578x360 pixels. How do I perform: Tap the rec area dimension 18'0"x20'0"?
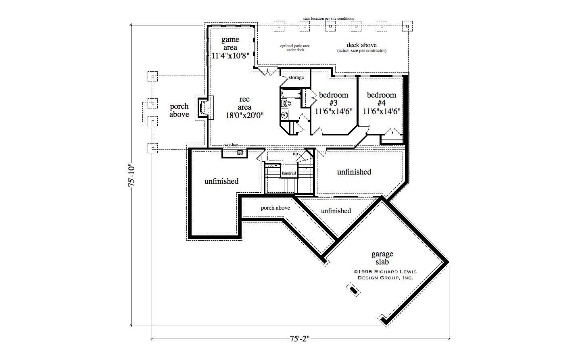click(x=244, y=115)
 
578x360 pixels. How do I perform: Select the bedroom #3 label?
click(x=334, y=99)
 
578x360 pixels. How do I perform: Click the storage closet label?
click(x=296, y=77)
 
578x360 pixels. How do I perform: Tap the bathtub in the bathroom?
click(x=290, y=94)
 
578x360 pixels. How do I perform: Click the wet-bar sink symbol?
click(x=240, y=152)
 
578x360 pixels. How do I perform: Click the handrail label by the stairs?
click(x=289, y=173)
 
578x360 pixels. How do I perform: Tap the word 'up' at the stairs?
click(x=295, y=154)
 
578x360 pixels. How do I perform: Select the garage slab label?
click(x=382, y=258)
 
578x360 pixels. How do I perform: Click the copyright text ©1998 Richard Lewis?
click(x=385, y=272)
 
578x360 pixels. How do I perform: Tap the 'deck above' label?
click(x=361, y=45)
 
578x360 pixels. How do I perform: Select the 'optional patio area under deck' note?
click(x=295, y=48)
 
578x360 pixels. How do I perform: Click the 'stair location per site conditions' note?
click(x=328, y=19)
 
